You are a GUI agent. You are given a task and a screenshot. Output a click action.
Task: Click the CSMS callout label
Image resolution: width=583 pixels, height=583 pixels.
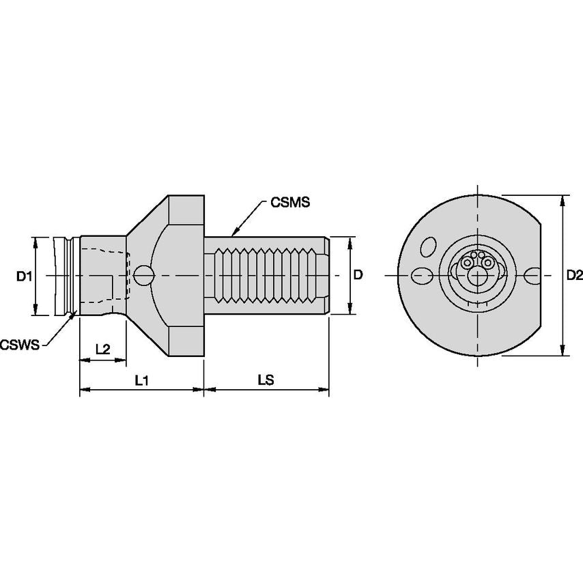[x=289, y=202]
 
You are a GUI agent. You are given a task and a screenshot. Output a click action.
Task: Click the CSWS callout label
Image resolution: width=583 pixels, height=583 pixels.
[x=20, y=345]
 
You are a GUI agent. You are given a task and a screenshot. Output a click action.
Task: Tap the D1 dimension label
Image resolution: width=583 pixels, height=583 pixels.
[x=24, y=276]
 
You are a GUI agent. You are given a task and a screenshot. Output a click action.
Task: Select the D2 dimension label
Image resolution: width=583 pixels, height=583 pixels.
[x=574, y=275]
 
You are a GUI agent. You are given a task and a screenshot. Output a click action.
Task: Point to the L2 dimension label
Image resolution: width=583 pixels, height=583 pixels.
[x=102, y=349]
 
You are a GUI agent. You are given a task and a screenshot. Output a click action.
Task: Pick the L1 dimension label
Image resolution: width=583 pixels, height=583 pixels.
[x=142, y=380]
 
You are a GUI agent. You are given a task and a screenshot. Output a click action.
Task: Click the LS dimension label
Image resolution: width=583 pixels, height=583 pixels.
[x=266, y=380]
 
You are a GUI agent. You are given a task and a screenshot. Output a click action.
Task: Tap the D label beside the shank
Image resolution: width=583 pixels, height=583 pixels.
[x=358, y=274]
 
